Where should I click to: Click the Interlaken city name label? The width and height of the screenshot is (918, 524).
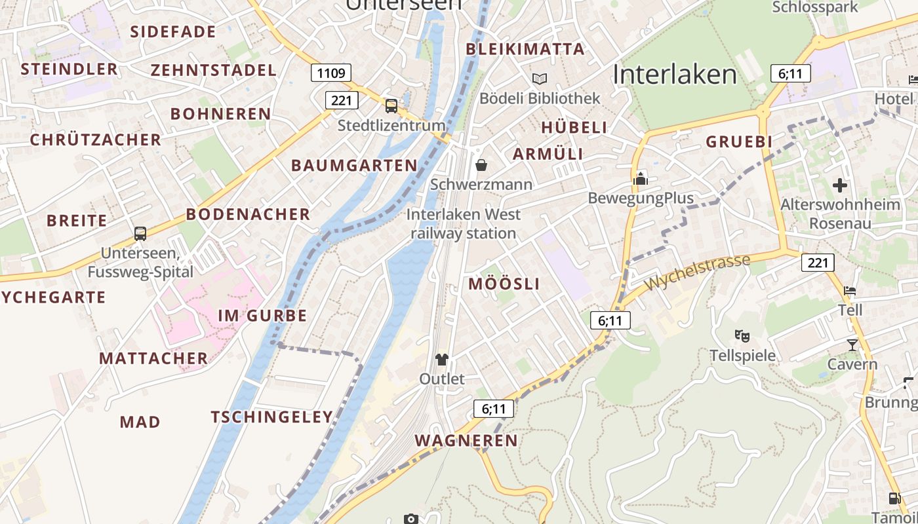pyautogui.click(x=675, y=75)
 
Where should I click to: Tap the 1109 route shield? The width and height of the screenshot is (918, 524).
pyautogui.click(x=331, y=73)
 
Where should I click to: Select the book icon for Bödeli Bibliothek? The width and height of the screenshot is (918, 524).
pyautogui.click(x=540, y=79)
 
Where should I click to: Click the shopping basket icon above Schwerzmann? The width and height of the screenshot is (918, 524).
pyautogui.click(x=481, y=164)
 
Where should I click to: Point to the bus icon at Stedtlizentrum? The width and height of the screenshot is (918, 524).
pyautogui.click(x=391, y=105)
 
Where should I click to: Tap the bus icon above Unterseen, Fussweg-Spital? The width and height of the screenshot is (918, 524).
pyautogui.click(x=140, y=233)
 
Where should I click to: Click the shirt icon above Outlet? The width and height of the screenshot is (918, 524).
pyautogui.click(x=442, y=359)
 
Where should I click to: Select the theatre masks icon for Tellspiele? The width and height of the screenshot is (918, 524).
pyautogui.click(x=742, y=336)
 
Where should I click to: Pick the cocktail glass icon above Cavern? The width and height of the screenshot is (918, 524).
pyautogui.click(x=852, y=345)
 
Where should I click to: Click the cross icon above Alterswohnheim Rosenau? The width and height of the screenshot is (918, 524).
pyautogui.click(x=840, y=185)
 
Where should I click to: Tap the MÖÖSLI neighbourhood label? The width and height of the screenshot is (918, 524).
pyautogui.click(x=504, y=284)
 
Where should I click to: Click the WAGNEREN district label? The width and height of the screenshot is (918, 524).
pyautogui.click(x=466, y=441)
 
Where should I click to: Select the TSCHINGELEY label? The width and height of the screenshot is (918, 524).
pyautogui.click(x=272, y=417)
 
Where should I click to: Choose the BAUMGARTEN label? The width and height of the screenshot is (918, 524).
pyautogui.click(x=354, y=166)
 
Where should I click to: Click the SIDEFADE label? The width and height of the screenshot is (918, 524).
pyautogui.click(x=173, y=32)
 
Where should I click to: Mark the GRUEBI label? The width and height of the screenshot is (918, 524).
pyautogui.click(x=739, y=142)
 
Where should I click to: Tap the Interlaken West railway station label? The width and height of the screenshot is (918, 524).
pyautogui.click(x=464, y=223)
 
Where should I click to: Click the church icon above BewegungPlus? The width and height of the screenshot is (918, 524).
pyautogui.click(x=641, y=178)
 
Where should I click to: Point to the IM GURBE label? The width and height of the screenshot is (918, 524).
pyautogui.click(x=262, y=316)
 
